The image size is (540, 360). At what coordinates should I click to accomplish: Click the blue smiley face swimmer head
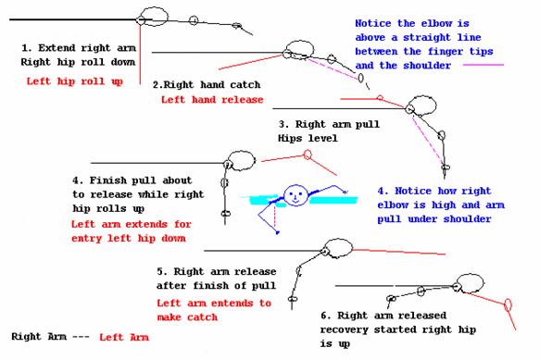pos(295,195)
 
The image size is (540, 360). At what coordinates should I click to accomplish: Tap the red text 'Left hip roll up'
pos(75,81)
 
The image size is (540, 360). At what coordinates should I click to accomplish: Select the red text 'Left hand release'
pos(212,100)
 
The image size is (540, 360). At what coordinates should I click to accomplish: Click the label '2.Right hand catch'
pos(207,84)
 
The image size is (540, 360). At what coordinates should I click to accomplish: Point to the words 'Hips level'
pos(308,139)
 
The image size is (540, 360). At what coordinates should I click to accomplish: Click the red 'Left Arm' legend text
pos(124,337)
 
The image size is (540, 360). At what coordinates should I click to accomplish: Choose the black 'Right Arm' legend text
pos(39,336)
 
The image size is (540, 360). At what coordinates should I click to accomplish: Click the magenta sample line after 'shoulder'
pos(483,65)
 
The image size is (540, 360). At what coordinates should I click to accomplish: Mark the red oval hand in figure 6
pos(508,304)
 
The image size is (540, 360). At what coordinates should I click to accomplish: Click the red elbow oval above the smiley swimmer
pos(308,155)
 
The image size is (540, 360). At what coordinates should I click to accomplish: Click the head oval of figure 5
pos(338,248)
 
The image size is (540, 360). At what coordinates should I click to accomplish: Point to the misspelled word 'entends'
pos(232,304)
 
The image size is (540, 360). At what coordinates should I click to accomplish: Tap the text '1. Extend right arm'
pos(79,48)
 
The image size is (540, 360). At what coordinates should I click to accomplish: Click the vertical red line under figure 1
pos(140,54)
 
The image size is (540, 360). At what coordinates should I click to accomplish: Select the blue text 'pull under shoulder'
pos(434,219)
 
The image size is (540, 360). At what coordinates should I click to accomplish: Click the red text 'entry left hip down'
pos(129,239)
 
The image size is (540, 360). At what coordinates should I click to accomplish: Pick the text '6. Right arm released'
pos(383,316)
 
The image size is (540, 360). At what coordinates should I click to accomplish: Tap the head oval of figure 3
pos(422,106)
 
